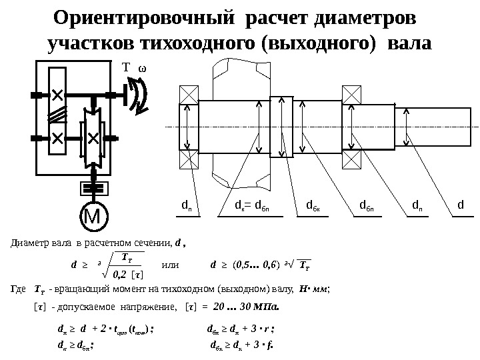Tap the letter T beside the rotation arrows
[123, 69]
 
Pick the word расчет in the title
[277, 17]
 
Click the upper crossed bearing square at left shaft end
[189, 94]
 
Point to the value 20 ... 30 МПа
[246, 307]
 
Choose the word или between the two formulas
[171, 265]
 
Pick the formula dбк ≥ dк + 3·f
[243, 344]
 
